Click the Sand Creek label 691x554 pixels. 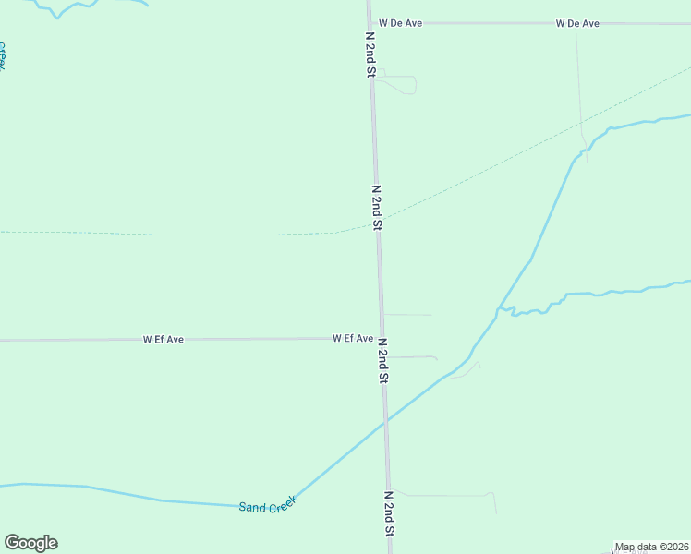click(268, 504)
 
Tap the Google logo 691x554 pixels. click(30, 543)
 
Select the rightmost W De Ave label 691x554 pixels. click(577, 23)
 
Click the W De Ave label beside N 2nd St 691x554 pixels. click(400, 23)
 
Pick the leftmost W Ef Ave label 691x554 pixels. click(163, 340)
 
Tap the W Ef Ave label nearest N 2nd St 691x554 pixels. click(352, 339)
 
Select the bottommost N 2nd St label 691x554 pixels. click(390, 513)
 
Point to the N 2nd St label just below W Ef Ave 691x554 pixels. click(382, 360)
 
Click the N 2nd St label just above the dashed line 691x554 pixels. click(376, 206)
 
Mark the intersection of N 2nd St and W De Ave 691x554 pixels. click(370, 23)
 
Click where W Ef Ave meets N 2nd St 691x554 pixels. click(381, 339)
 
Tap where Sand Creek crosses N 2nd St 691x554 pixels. click(386, 419)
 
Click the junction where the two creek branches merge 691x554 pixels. click(499, 307)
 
